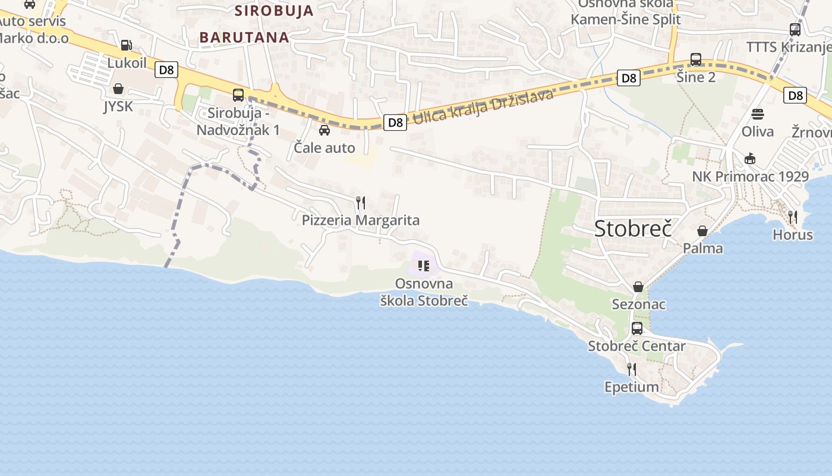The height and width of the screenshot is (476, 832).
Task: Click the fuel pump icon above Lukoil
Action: [126, 45]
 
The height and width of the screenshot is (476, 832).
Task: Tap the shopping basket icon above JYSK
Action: [118, 89]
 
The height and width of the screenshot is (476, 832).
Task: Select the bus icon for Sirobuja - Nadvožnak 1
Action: [238, 95]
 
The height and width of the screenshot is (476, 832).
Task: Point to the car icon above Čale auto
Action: [324, 130]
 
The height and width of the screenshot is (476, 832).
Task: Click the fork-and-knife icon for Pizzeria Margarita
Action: [360, 203]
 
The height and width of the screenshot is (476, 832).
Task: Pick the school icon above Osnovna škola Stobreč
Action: [424, 265]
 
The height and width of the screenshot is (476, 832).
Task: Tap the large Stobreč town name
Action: [633, 228]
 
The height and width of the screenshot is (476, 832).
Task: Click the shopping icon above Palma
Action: [702, 231]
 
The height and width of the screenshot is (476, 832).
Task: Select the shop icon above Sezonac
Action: [638, 287]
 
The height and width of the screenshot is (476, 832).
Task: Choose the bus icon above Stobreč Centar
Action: [637, 328]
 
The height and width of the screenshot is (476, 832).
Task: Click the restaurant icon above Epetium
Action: [631, 369]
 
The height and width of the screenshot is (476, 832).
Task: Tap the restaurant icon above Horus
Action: [793, 217]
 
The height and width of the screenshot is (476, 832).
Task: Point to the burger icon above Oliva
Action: [758, 114]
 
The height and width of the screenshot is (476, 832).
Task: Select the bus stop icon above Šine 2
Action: [696, 59]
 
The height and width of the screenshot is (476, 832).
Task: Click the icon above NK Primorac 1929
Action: [750, 159]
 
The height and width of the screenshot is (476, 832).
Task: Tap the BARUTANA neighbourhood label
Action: [244, 37]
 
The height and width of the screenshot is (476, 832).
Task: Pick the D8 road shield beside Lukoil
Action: [167, 70]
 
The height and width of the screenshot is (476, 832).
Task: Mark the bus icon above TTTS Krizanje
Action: [795, 29]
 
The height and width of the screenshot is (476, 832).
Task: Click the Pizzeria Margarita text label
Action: [360, 220]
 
